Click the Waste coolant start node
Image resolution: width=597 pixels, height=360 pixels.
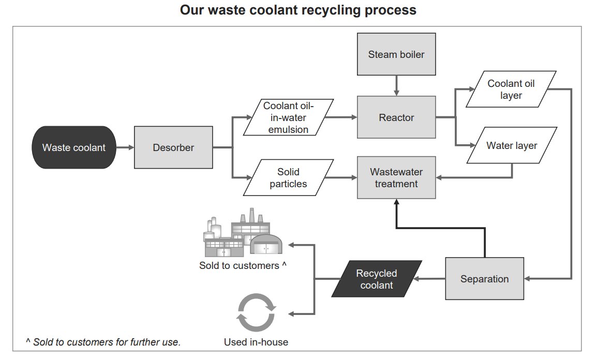click(x=73, y=147)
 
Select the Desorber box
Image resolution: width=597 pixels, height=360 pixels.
click(x=173, y=147)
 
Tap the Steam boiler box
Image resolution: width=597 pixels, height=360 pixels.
click(x=396, y=54)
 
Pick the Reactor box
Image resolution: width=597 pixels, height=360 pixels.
click(x=396, y=117)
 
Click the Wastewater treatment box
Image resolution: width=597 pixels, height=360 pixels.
click(x=396, y=177)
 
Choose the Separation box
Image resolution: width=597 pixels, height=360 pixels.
click(x=484, y=279)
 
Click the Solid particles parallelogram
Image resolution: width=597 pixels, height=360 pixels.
click(x=288, y=177)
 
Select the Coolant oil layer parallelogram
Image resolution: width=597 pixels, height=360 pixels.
click(x=511, y=89)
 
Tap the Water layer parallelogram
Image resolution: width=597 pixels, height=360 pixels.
click(x=512, y=145)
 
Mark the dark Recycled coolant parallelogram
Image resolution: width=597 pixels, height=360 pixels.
click(x=377, y=279)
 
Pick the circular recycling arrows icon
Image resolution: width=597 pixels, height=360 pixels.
click(x=256, y=313)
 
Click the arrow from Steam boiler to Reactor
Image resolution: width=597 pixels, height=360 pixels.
click(x=396, y=84)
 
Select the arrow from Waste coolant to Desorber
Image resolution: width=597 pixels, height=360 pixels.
click(x=124, y=147)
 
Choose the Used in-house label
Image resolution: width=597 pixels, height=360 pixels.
click(x=256, y=342)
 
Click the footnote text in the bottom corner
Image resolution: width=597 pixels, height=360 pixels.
click(x=103, y=342)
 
